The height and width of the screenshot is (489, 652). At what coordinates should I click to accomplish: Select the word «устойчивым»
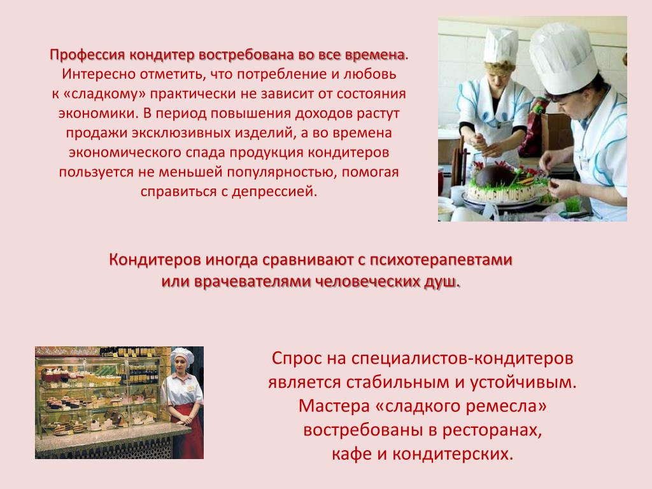pyautogui.click(x=523, y=382)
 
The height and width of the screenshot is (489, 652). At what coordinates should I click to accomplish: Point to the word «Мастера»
pyautogui.click(x=334, y=406)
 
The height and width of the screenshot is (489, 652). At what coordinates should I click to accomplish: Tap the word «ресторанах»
pyautogui.click(x=492, y=430)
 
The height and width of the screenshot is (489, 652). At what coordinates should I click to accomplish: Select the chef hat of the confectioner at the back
pyautogui.click(x=500, y=45)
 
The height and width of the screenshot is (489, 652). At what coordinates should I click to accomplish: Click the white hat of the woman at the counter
pyautogui.click(x=182, y=355)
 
